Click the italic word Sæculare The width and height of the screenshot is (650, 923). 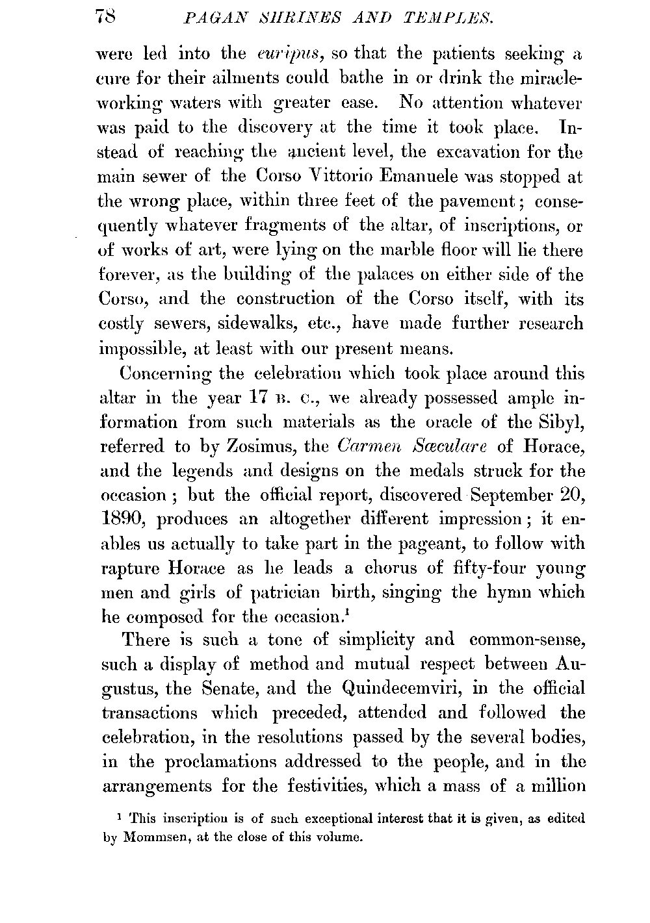451,446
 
